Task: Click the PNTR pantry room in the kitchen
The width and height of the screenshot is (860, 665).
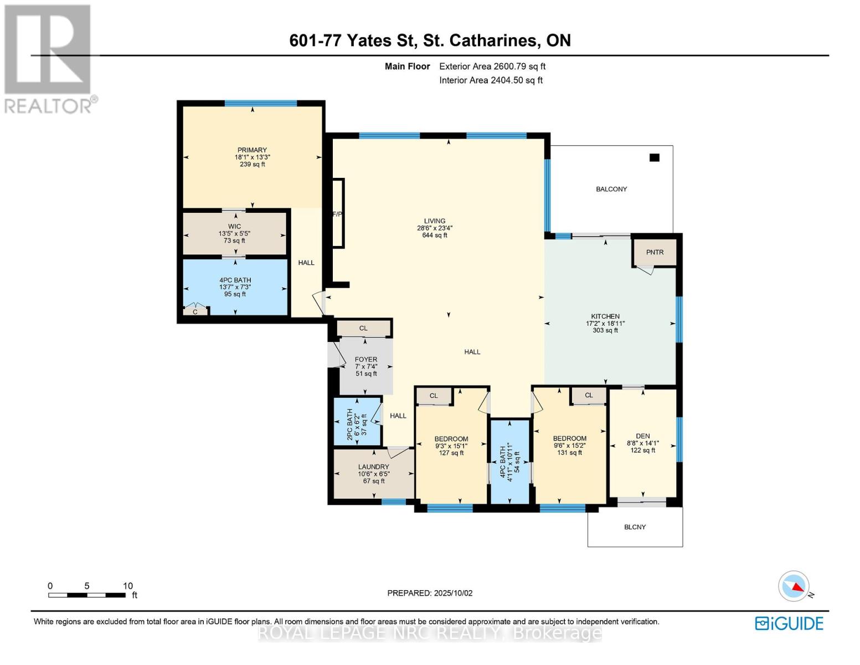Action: (655, 252)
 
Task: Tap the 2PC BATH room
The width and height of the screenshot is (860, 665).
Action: (357, 421)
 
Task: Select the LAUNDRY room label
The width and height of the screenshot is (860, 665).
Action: (373, 467)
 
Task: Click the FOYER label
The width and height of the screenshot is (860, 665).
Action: (366, 360)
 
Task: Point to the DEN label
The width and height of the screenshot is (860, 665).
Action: (642, 436)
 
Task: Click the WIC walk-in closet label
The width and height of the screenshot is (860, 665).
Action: (234, 227)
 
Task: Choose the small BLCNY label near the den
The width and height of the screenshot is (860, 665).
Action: (635, 527)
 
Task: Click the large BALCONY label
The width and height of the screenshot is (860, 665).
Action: (611, 190)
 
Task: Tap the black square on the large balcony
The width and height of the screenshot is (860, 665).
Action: (654, 158)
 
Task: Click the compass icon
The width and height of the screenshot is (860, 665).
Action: (794, 586)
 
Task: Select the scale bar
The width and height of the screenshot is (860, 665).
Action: (87, 595)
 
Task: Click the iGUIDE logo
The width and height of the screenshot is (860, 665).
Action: (789, 623)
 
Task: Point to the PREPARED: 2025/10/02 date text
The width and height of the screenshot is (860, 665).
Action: (430, 593)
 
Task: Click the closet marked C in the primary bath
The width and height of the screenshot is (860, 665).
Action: (195, 312)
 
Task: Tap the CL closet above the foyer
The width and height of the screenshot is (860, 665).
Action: (363, 329)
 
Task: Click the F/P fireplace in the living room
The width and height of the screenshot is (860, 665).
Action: (337, 213)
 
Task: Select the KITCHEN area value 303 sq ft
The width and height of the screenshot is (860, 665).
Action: (605, 331)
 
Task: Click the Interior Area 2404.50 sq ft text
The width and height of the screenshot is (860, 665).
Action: (491, 80)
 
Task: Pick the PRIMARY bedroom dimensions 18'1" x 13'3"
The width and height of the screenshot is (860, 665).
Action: (252, 157)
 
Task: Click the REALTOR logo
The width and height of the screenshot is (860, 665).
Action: (49, 58)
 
